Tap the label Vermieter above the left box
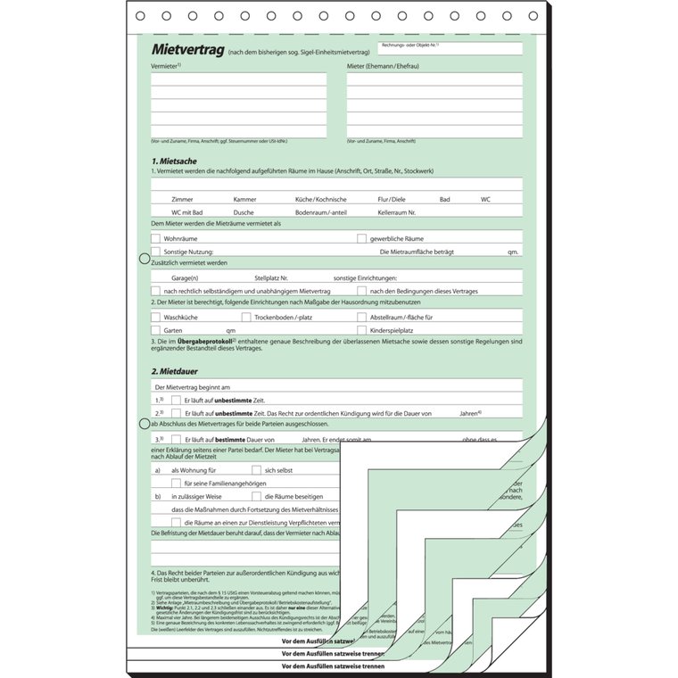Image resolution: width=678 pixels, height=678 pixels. pyautogui.click(x=165, y=66)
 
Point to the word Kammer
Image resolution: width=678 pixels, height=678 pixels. pyautogui.click(x=244, y=199)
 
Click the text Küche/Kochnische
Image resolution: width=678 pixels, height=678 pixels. pyautogui.click(x=320, y=199)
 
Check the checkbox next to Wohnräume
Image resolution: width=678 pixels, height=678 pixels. pyautogui.click(x=156, y=238)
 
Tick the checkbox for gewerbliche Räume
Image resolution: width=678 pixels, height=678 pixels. pyautogui.click(x=362, y=238)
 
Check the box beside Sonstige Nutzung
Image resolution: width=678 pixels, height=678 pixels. pyautogui.click(x=156, y=252)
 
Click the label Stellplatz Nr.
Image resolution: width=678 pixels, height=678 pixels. pyautogui.click(x=271, y=278)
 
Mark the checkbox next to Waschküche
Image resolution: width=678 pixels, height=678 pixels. pyautogui.click(x=156, y=317)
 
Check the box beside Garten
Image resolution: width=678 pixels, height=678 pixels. pyautogui.click(x=156, y=330)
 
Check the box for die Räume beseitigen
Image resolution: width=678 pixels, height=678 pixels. pyautogui.click(x=257, y=496)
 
